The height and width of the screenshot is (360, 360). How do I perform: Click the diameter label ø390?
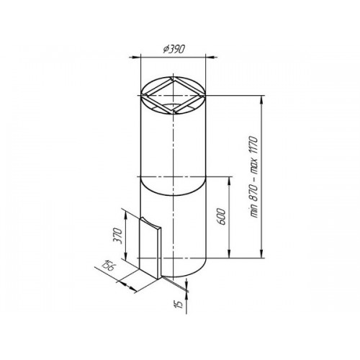click(174, 50)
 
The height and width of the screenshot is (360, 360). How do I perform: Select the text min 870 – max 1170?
click(253, 177)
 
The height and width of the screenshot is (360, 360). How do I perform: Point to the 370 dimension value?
click(119, 236)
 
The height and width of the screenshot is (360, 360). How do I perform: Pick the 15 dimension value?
click(179, 304)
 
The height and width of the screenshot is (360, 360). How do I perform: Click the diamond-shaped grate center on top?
click(173, 96)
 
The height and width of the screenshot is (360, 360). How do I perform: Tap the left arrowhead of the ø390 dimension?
click(135, 57)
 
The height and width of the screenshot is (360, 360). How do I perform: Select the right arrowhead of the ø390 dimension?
click(211, 57)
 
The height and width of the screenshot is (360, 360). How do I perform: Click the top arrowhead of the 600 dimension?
click(230, 182)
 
